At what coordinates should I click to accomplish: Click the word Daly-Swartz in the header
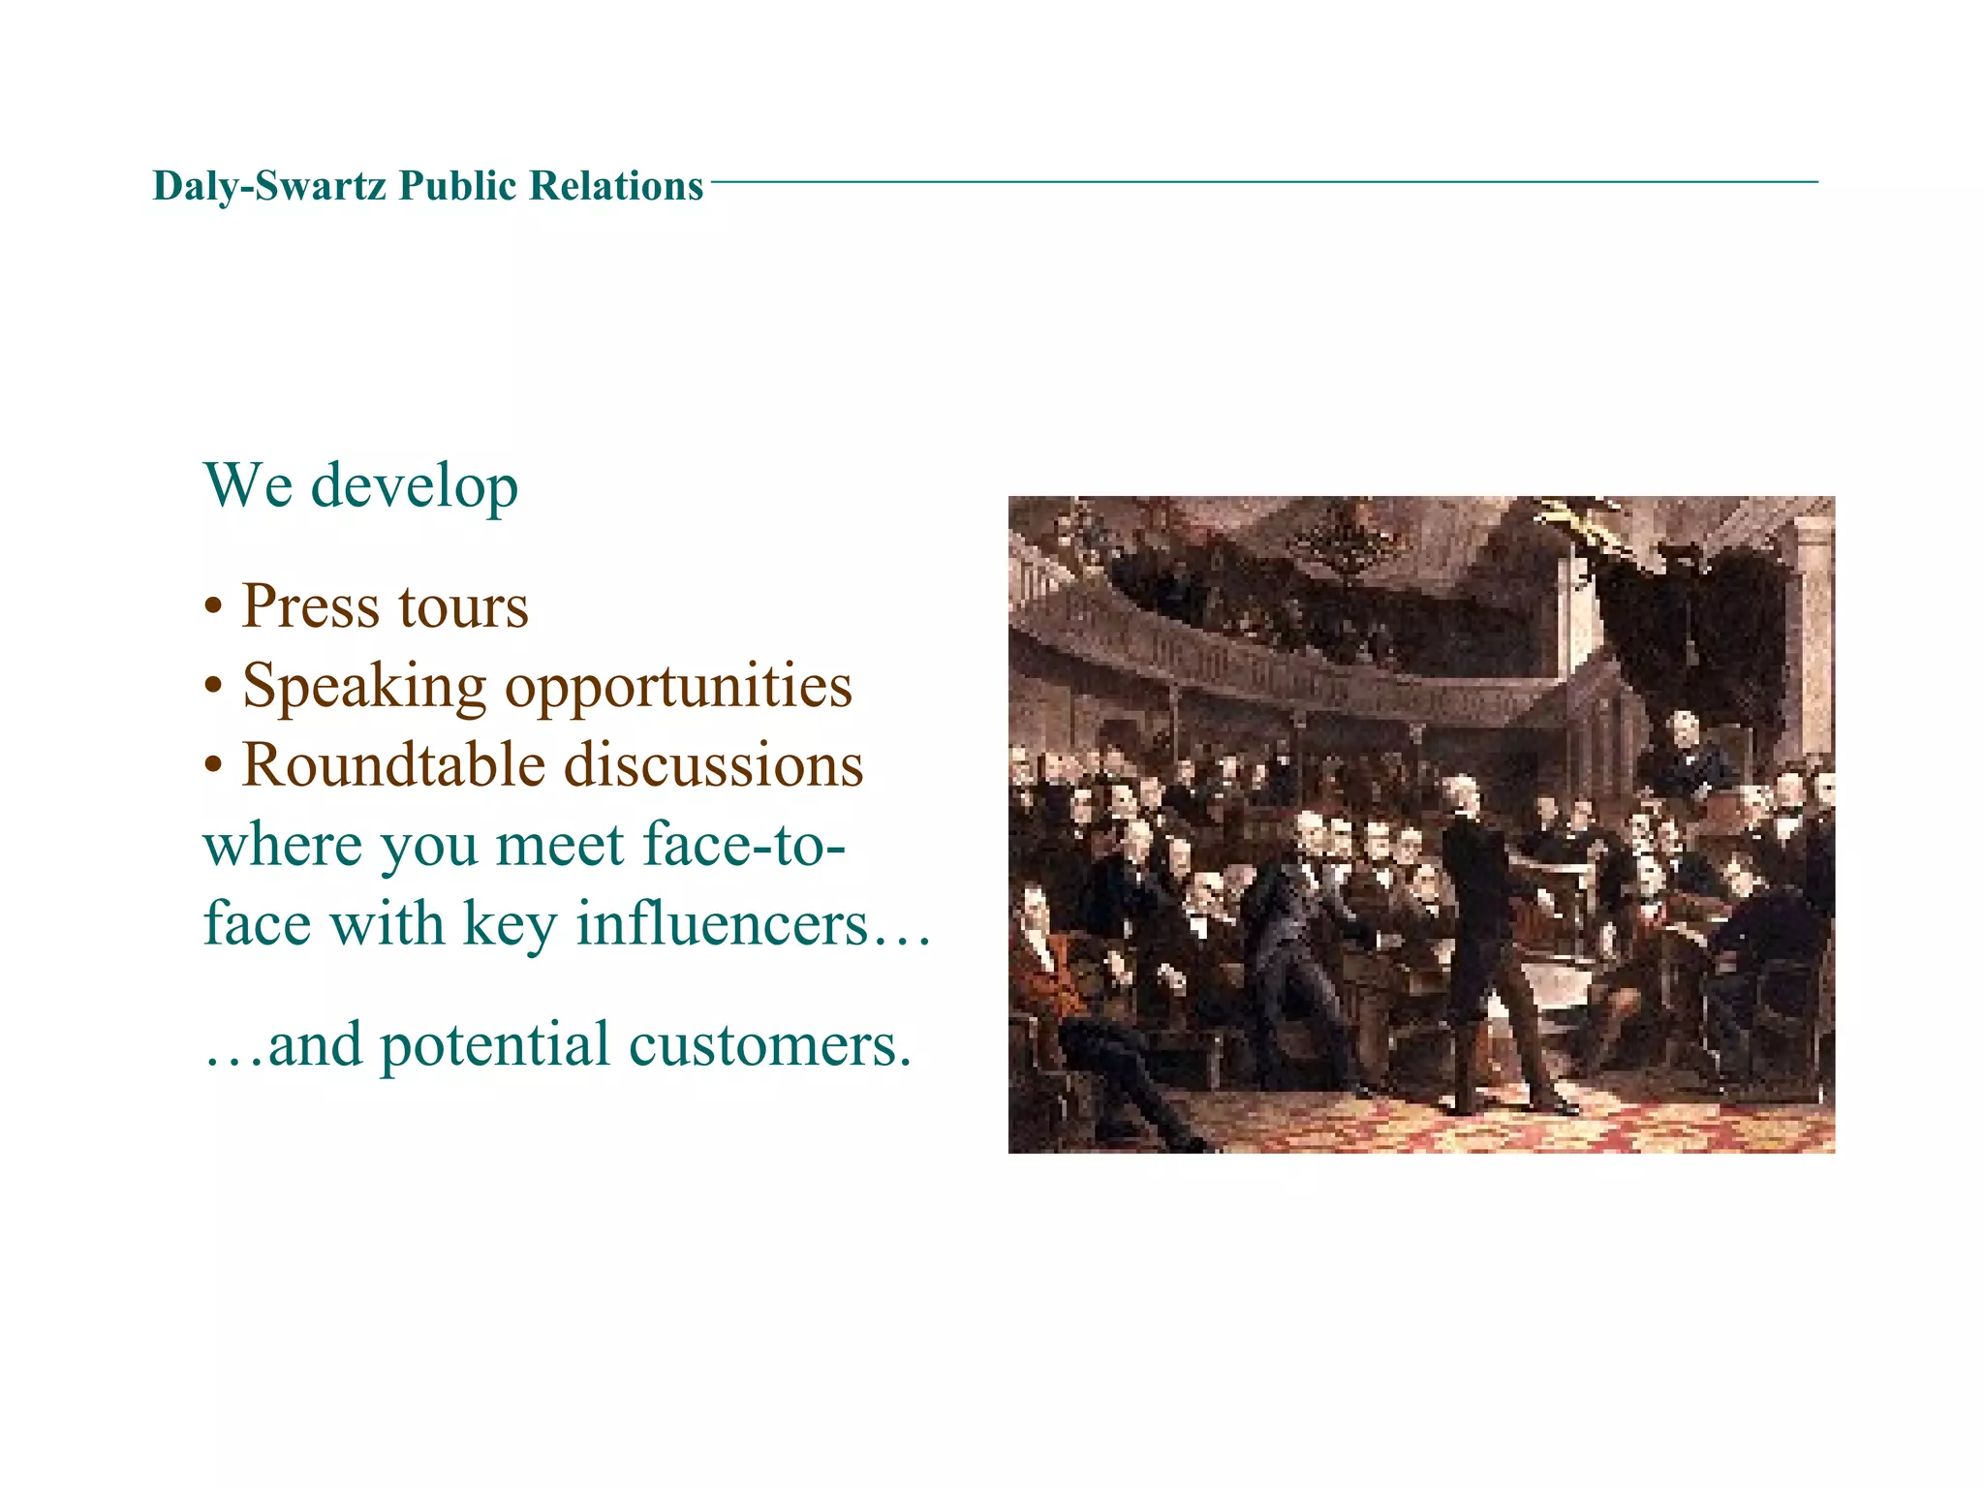coord(270,186)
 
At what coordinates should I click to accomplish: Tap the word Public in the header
coord(458,186)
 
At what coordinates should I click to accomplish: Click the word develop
coord(414,486)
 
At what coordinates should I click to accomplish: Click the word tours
coord(463,608)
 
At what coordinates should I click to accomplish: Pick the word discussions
coord(713,765)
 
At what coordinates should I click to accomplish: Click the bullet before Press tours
coord(214,608)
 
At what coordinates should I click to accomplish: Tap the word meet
coord(559,845)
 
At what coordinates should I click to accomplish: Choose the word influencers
coord(722,923)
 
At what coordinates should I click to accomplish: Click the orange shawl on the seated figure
coord(1051,978)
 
